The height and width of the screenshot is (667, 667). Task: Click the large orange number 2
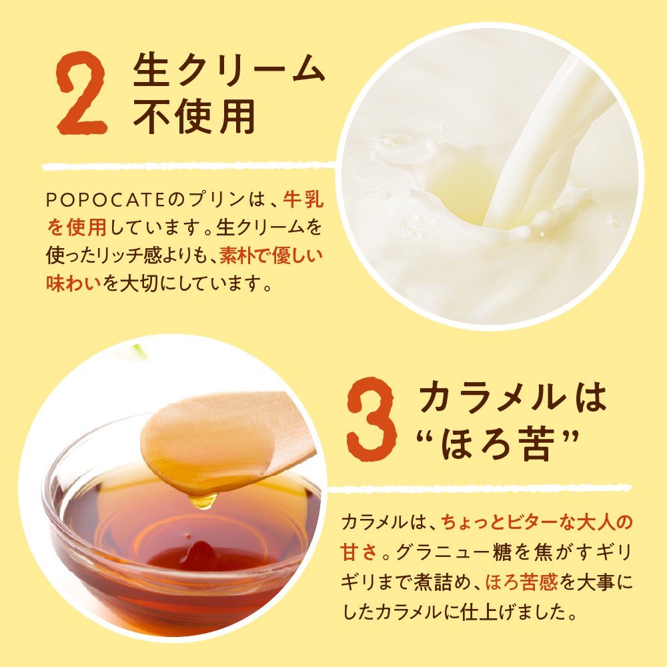pos(81,93)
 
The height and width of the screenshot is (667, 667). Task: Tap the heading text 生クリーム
pos(229,69)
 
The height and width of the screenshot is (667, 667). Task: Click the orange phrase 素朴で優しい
pos(271,255)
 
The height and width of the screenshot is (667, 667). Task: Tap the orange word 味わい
pos(73,283)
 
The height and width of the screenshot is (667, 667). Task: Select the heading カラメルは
pos(512,397)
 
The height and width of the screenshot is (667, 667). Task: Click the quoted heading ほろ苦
pos(498,444)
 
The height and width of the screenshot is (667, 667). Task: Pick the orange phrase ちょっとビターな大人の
pos(537,522)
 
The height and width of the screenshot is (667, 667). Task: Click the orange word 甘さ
pos(359,552)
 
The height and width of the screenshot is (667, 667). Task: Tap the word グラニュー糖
pos(453,552)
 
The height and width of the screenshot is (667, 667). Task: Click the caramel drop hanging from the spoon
pos(203,501)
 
